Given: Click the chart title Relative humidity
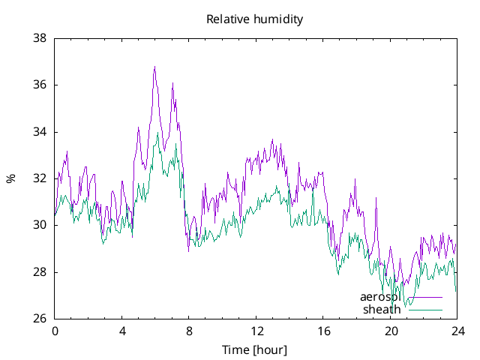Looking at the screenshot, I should [255, 19].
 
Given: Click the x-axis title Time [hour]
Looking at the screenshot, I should [255, 349].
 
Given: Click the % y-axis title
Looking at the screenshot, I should [10, 178].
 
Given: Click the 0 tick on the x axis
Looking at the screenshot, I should [55, 331].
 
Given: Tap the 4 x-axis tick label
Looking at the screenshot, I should [122, 331].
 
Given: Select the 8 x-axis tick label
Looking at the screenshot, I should [189, 331].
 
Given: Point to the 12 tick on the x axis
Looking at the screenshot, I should [256, 331].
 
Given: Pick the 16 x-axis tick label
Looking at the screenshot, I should [324, 331].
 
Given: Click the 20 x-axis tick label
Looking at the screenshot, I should [391, 331].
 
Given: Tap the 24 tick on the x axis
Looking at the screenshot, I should [458, 331].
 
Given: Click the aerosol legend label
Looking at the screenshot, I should [380, 297].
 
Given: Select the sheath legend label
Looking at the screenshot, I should [382, 310].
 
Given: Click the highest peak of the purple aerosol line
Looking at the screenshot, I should [155, 67].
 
